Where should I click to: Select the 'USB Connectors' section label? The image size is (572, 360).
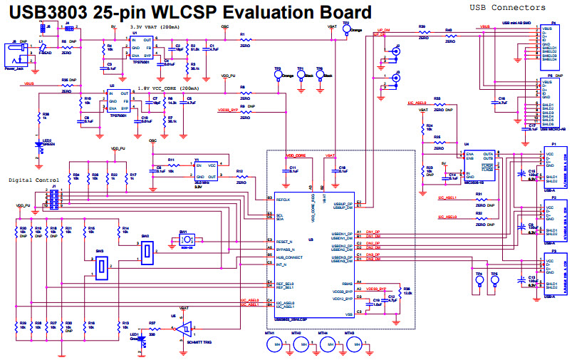coord(507,7)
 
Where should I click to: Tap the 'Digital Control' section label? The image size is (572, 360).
coord(33,180)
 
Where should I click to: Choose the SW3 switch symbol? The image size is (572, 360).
coord(102,267)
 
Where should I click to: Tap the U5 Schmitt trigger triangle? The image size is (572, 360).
coord(184,329)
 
